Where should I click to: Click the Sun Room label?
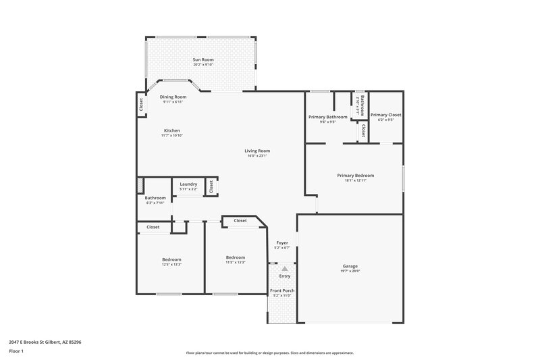click(x=203, y=60)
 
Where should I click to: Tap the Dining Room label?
click(x=173, y=97)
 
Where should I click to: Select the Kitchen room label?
click(x=172, y=130)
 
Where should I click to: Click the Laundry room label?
click(x=188, y=184)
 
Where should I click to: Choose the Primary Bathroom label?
click(x=328, y=117)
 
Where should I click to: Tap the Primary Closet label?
click(x=385, y=115)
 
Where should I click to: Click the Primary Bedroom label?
click(x=355, y=176)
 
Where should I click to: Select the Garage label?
click(x=350, y=266)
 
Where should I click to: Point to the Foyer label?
click(x=281, y=243)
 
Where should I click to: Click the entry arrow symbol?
click(x=284, y=269)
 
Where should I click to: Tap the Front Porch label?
click(x=281, y=290)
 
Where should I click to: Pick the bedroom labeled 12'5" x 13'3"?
click(x=171, y=259)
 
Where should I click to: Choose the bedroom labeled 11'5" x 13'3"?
click(x=236, y=257)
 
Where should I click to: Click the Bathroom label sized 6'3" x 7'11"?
click(x=155, y=198)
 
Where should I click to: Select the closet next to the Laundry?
click(x=211, y=186)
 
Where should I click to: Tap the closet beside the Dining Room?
click(x=141, y=105)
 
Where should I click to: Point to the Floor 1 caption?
click(x=17, y=352)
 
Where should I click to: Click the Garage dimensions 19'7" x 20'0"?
click(x=350, y=271)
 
